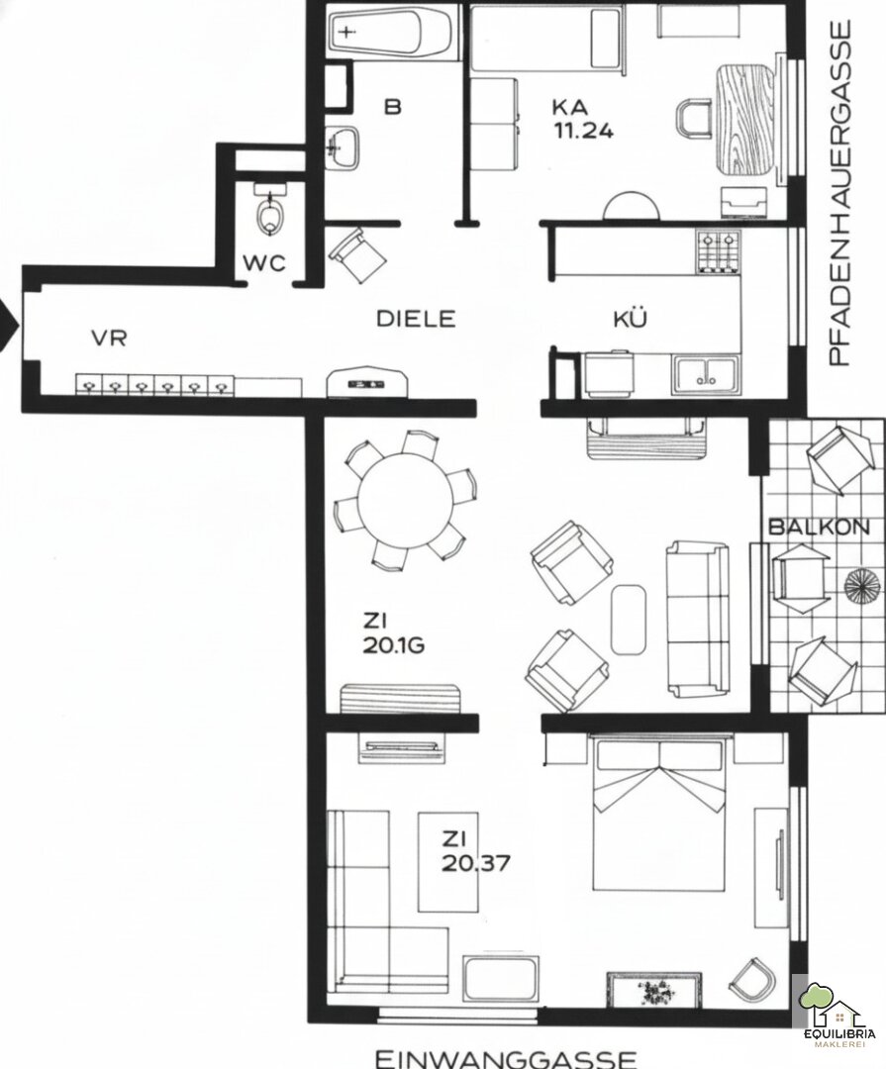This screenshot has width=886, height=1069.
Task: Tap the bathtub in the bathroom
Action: coord(391,33)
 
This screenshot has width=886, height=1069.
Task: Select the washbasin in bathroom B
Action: coord(342,146)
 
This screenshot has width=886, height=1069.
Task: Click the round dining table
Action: coord(405,499)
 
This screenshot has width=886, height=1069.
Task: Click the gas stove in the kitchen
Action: coord(718,251)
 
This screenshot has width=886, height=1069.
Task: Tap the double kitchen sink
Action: coord(706,374)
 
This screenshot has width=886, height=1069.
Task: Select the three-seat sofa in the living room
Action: coord(697,619)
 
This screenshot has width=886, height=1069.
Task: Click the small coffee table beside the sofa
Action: coord(629,619)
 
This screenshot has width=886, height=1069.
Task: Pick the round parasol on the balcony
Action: coord(863,585)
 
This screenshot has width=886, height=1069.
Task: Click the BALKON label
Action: coord(819,527)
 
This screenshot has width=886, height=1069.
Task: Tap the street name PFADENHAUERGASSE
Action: coord(839,193)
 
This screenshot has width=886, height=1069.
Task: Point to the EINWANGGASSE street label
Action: coord(506,1058)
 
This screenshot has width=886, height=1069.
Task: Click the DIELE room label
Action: coord(416,319)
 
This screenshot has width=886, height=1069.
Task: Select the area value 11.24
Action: coord(583,130)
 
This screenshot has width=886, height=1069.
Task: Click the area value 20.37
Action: coord(475,863)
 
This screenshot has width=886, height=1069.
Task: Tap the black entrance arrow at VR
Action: coord(9,327)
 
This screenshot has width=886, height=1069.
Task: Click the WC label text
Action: coord(264,263)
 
